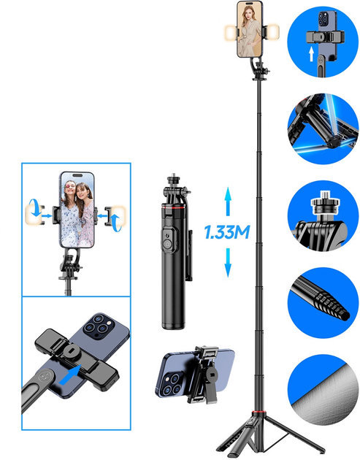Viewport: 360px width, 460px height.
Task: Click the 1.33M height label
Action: click(x=227, y=232)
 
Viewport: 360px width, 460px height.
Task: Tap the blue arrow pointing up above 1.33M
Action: click(x=228, y=201)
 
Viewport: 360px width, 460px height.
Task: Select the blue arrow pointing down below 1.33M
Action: click(x=228, y=263)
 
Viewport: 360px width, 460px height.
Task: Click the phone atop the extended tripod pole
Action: click(x=250, y=29)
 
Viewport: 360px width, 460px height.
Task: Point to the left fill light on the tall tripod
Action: click(x=231, y=32)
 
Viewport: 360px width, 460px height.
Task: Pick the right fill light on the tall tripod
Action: click(x=272, y=31)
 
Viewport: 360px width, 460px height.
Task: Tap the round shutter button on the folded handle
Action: click(x=167, y=244)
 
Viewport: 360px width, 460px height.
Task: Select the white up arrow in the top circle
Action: click(x=311, y=55)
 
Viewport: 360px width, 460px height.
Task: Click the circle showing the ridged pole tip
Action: click(x=323, y=302)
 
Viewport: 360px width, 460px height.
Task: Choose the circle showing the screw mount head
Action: click(x=323, y=215)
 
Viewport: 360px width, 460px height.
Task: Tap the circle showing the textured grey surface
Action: click(x=323, y=390)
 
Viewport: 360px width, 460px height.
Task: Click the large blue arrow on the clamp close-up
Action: click(x=70, y=375)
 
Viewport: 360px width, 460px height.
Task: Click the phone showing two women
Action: click(x=77, y=210)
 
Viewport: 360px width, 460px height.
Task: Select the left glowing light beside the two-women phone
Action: click(x=32, y=215)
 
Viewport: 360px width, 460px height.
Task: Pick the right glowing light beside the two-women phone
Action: click(x=120, y=215)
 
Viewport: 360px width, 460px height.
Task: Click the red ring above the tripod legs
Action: click(x=258, y=413)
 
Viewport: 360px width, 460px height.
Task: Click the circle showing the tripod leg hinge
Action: click(x=323, y=129)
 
